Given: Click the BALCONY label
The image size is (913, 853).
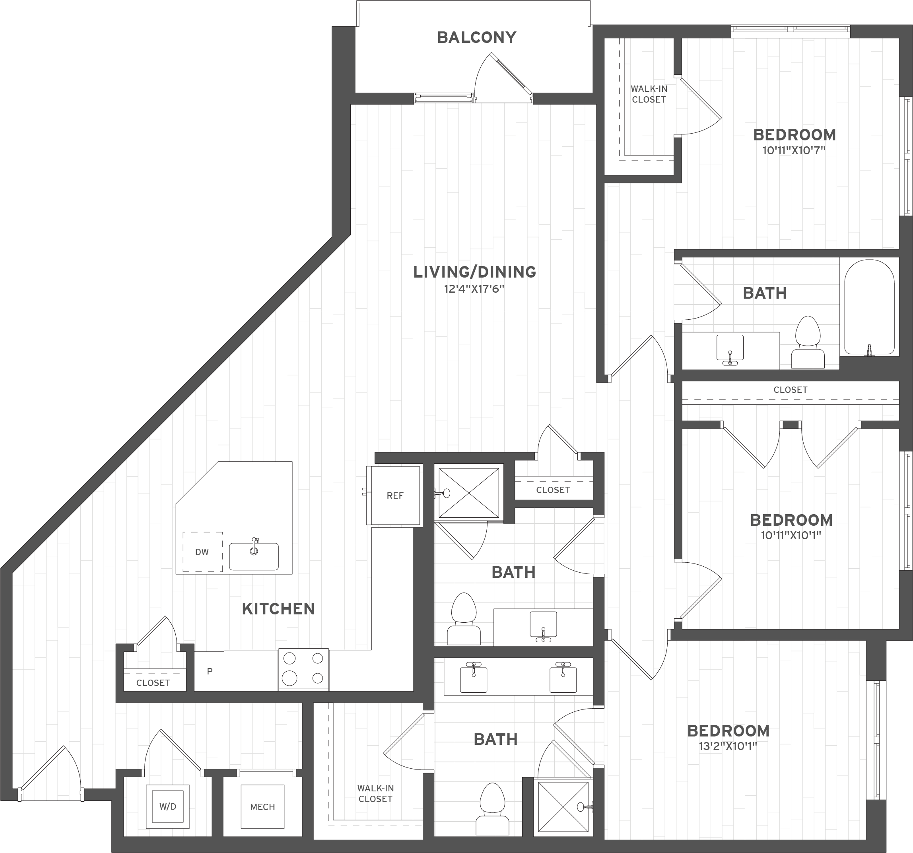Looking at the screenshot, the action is click(x=477, y=37).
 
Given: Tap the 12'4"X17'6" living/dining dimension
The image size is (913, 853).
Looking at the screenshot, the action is click(x=474, y=289).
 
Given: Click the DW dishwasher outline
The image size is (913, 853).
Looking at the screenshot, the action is click(x=202, y=552).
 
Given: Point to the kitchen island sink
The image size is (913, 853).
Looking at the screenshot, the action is click(x=254, y=556).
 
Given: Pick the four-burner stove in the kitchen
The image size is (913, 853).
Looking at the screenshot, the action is click(x=303, y=669).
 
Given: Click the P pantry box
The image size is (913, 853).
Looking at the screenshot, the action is click(x=210, y=671).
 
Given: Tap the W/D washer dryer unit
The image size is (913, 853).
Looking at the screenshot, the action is click(x=168, y=806).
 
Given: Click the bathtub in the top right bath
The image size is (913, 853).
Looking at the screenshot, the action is click(x=869, y=307).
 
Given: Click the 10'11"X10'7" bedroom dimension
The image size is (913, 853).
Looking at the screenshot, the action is click(x=794, y=151).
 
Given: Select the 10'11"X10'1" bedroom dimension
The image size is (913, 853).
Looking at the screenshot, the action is click(x=791, y=535).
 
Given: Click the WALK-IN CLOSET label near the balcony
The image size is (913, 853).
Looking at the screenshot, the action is click(x=649, y=94).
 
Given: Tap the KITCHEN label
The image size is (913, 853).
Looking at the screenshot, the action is click(x=278, y=609).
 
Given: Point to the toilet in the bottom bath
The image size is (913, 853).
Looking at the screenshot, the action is click(x=492, y=809).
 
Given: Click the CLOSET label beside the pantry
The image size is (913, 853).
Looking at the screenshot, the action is click(x=153, y=683).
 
